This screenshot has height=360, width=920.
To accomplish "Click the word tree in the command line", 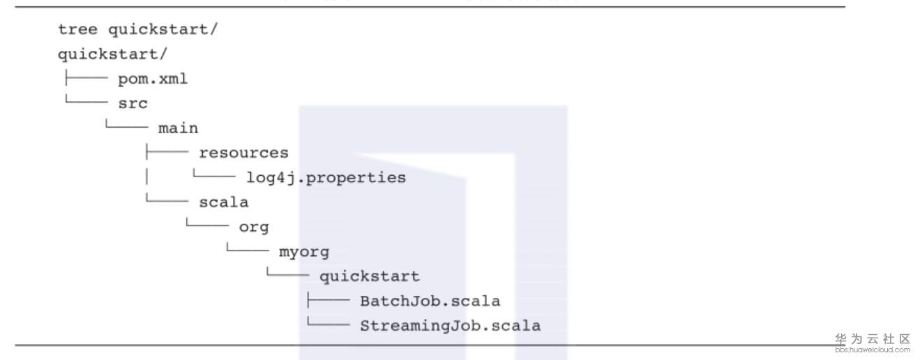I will tap(77, 29).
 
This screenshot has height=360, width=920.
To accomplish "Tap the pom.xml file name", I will tap(153, 79).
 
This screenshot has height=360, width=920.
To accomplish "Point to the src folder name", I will tap(133, 103).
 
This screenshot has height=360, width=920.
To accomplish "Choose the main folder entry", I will tap(178, 128).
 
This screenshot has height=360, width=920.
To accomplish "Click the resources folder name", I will tap(243, 153).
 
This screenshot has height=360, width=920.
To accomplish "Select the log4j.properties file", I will tap(326, 177).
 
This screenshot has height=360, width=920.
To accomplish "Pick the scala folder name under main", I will tap(223, 202).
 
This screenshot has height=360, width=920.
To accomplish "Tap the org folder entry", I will tap(254, 227).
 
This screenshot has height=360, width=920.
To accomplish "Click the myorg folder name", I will tap(304, 252).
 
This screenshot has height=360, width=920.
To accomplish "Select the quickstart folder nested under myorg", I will tap(370, 276).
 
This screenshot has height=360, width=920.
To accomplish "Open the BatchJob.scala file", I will tap(430, 301).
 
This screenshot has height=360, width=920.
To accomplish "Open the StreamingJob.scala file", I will tap(450, 326).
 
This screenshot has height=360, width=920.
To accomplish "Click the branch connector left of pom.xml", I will tap(84, 79).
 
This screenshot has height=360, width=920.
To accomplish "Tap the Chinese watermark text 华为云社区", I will tap(873, 339).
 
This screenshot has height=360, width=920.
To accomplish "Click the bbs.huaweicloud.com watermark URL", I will tap(873, 349).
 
